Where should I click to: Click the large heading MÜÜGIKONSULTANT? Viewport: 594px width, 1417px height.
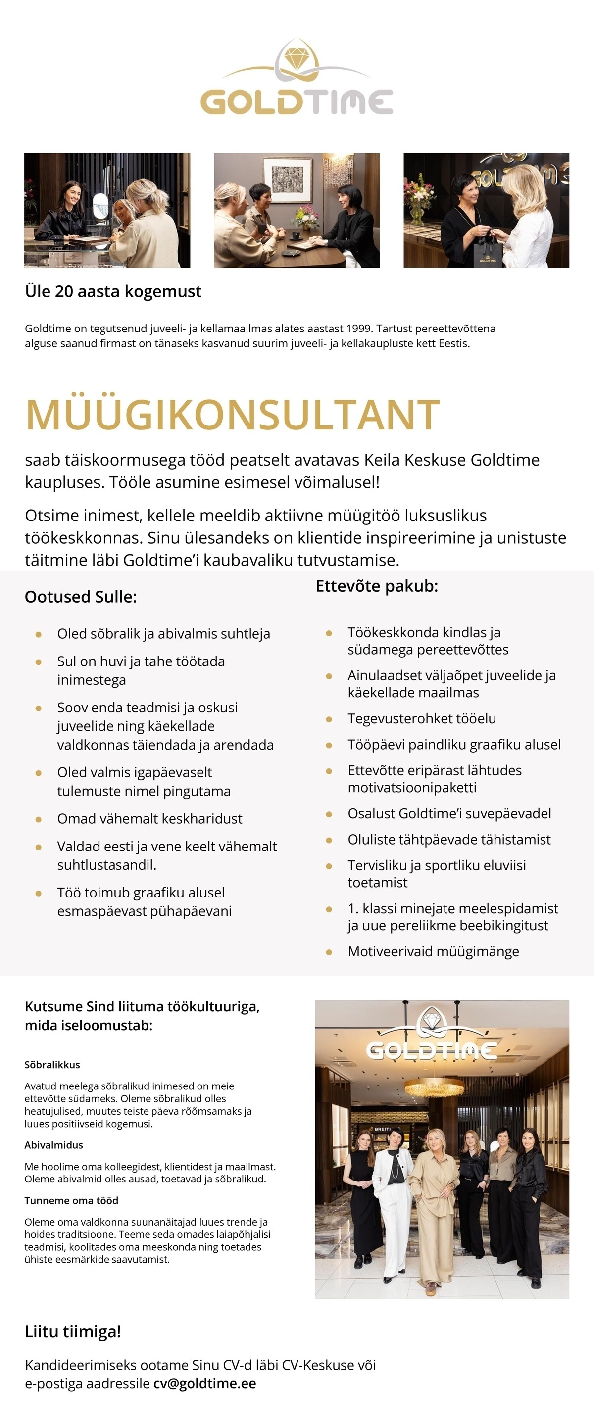pos(232,415)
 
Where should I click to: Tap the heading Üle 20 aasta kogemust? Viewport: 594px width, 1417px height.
pos(113,291)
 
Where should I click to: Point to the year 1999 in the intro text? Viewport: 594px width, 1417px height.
pos(359,329)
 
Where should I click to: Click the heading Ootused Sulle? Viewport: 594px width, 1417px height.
pos(80,597)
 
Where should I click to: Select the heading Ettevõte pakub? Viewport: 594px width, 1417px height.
pos(377,586)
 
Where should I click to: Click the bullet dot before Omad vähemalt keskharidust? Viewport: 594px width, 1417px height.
pos(39,819)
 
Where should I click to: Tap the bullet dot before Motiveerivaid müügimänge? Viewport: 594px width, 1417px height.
pos(329,951)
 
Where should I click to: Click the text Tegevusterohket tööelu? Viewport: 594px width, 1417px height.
pos(422,718)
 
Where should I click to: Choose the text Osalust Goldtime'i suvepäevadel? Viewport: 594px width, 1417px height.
pos(449,813)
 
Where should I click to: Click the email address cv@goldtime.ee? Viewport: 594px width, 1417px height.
pos(205,1383)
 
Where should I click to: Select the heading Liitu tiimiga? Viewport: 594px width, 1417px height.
pos(73,1332)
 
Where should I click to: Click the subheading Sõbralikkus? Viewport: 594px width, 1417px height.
pos(52,1064)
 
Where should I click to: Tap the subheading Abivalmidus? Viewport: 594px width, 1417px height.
pos(53,1145)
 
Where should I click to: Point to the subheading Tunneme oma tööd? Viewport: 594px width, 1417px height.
pos(71,1201)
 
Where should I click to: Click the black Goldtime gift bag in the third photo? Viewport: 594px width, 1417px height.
pos(487,255)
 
